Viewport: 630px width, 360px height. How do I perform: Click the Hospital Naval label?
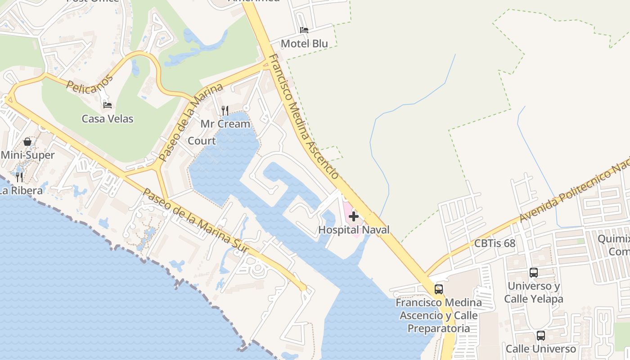point(354,230)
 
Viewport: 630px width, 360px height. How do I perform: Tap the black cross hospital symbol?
point(354,216)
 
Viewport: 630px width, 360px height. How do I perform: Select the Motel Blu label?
point(304,44)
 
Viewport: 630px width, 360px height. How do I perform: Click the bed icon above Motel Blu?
point(304,30)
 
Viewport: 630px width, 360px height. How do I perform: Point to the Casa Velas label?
point(108,119)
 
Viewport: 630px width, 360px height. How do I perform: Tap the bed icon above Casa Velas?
point(108,105)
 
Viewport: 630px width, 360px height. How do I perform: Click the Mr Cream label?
point(225,124)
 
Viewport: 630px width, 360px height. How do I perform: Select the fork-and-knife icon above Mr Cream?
point(225,110)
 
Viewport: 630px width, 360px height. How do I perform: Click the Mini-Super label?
point(27,155)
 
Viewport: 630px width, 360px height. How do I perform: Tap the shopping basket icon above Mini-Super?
point(27,142)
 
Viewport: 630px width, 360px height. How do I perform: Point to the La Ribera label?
point(21,191)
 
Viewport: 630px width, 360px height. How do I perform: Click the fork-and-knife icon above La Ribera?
point(19,177)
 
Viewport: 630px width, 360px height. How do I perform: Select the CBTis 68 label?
point(495,243)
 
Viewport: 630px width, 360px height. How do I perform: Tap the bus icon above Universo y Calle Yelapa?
point(534,272)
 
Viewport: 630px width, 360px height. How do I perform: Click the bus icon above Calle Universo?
point(541,335)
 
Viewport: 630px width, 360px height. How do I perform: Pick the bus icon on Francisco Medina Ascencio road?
point(439,289)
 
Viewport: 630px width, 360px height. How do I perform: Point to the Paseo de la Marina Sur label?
point(196,220)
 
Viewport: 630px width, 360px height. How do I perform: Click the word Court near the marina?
point(202,141)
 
